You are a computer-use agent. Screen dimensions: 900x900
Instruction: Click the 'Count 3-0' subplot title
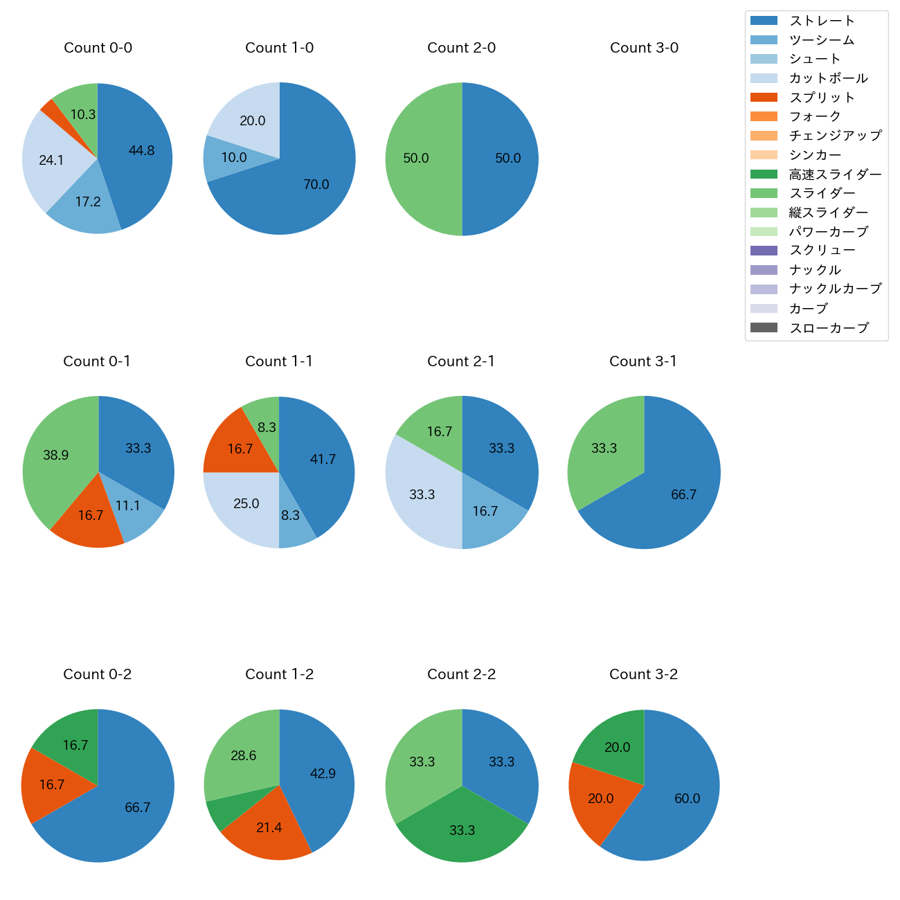coord(644,48)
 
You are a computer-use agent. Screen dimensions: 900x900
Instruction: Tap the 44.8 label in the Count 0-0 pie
coord(141,150)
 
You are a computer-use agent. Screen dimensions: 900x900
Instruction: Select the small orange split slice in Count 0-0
coord(48,107)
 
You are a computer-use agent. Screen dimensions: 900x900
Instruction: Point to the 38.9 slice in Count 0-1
coord(55,455)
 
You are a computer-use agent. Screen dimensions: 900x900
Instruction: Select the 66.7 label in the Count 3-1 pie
coord(683,494)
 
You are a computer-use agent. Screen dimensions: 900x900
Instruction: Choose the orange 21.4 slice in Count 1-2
coord(269,827)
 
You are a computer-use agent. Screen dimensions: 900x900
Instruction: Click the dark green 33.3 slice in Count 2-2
coord(462,831)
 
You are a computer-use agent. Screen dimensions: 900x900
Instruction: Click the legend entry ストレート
coord(822,21)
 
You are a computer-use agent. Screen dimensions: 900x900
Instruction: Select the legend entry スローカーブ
coord(829,328)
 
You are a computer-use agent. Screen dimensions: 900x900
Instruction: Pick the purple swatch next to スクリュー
coord(764,251)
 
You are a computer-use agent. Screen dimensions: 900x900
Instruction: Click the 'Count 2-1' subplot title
coord(461,361)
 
